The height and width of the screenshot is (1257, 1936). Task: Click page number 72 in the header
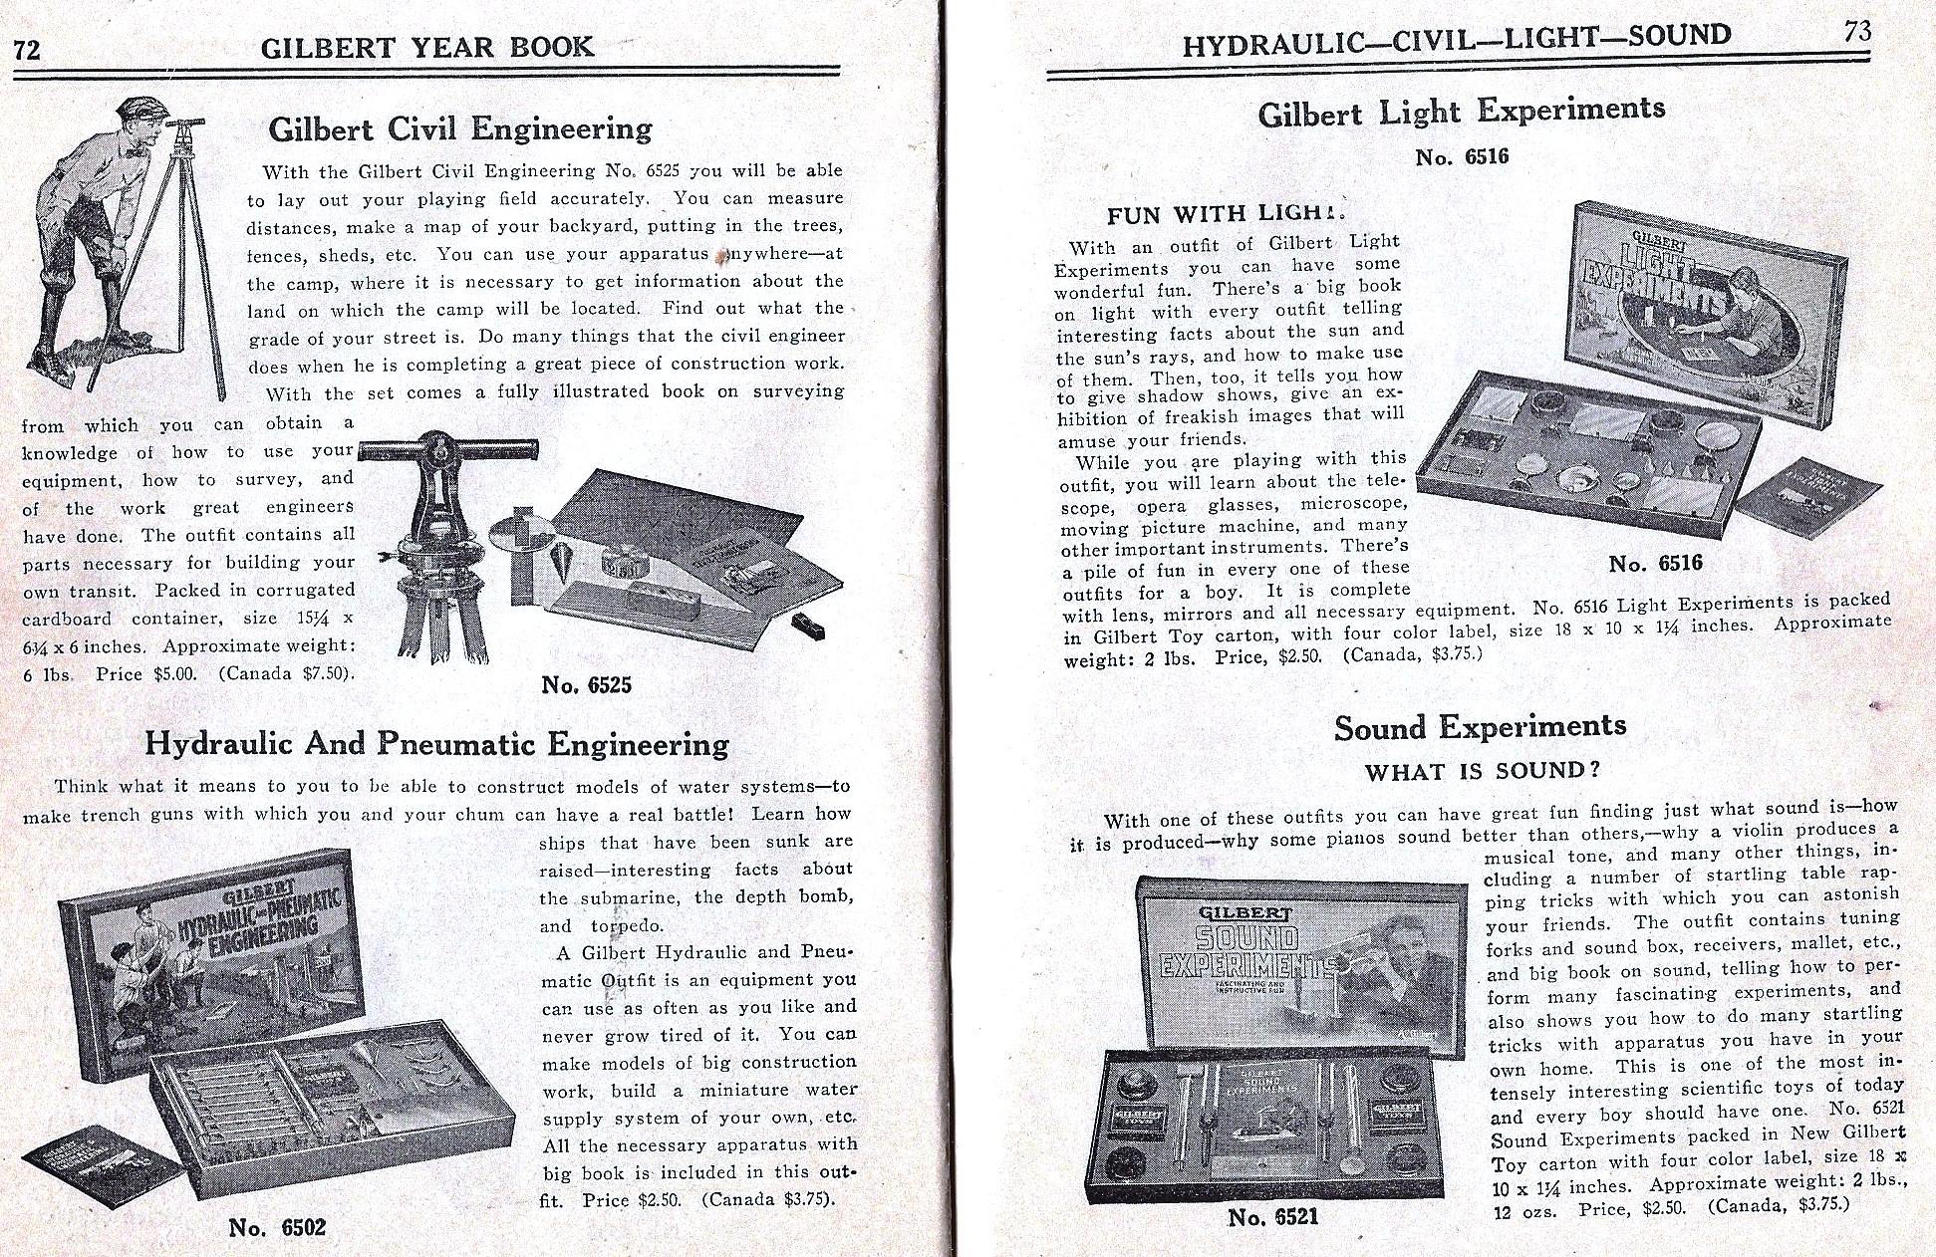pos(27,50)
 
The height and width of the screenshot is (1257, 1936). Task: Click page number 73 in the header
pos(1856,32)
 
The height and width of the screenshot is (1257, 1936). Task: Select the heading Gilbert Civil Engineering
pos(460,128)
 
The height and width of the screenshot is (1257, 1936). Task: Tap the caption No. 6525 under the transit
pos(586,684)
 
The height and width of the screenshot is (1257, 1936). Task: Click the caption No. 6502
pos(277,1227)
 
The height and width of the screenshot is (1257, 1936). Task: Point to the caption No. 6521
pos(1272,1217)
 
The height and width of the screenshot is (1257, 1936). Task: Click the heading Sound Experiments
pos(1480,727)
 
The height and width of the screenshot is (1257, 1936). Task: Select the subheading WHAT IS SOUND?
pos(1482,772)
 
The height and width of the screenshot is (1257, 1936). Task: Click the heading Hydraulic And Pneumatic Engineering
pos(436,744)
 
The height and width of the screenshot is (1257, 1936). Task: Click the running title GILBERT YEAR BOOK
pos(426,48)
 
